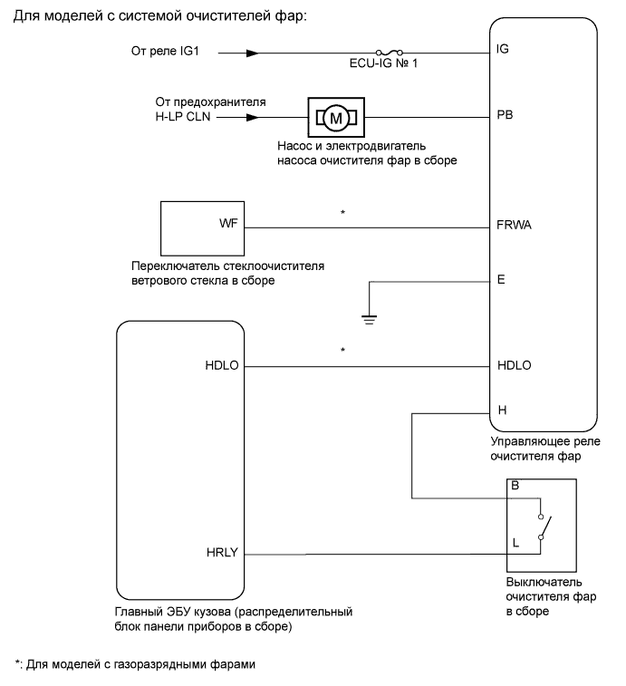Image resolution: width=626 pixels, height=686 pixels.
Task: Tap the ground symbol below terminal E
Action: click(368, 316)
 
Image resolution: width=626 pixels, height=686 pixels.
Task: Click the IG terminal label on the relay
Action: click(504, 49)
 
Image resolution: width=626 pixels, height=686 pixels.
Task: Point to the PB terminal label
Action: click(506, 116)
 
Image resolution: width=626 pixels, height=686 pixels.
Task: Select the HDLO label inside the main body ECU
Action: click(221, 366)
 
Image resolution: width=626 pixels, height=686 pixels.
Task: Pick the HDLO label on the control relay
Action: click(515, 366)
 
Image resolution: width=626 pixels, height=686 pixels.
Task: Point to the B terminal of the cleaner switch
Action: click(515, 485)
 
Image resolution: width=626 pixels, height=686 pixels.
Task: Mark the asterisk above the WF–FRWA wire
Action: click(342, 213)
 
